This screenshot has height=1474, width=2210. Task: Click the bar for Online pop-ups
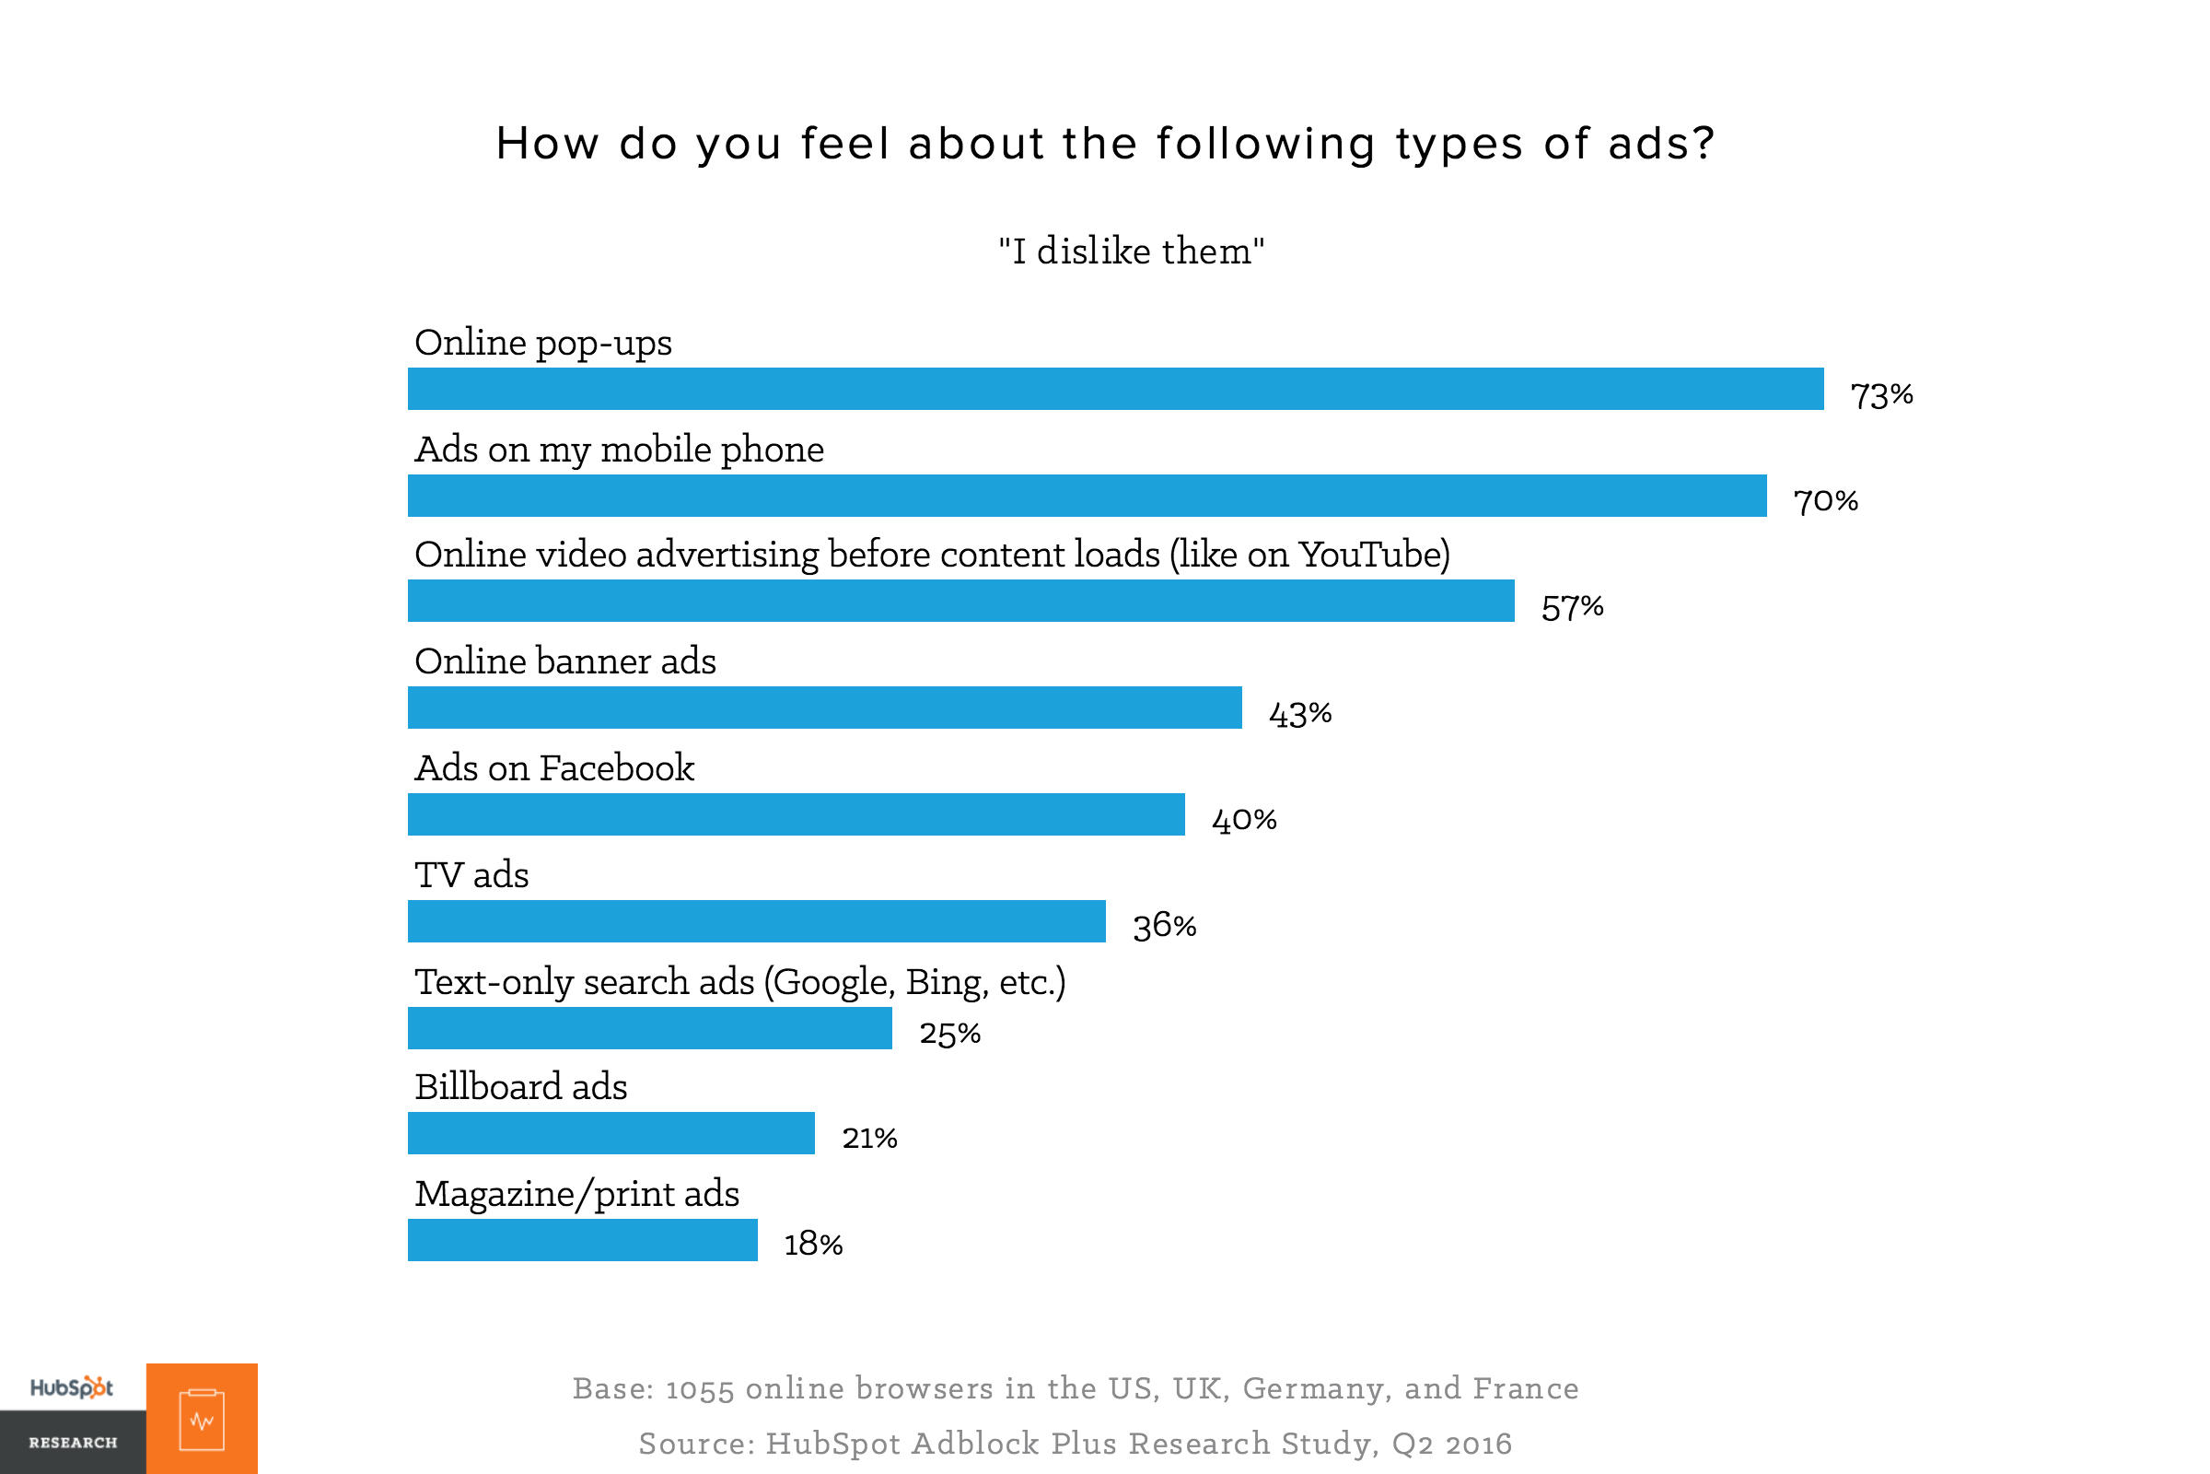tap(1115, 389)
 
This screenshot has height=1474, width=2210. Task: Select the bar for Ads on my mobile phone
tap(1088, 496)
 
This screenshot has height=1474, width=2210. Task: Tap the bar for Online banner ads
tap(824, 708)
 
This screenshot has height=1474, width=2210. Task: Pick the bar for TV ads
tap(756, 921)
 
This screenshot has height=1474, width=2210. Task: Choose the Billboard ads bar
tap(611, 1134)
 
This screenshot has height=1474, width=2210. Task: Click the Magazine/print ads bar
tap(583, 1241)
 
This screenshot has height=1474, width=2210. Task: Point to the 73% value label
tap(1881, 396)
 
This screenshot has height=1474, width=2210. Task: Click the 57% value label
tap(1572, 608)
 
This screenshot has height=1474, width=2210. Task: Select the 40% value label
tap(1244, 821)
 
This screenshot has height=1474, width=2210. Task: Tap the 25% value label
tap(950, 1034)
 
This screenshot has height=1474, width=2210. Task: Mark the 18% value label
tap(814, 1245)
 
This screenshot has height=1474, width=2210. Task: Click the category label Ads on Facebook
tap(554, 768)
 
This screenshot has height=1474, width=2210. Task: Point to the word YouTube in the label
tap(1371, 555)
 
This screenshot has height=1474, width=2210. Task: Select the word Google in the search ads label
tap(831, 982)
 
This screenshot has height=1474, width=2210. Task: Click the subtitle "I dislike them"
tap(1132, 251)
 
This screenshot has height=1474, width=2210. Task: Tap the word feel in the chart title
tap(844, 144)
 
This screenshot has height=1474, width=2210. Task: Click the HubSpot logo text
tap(72, 1387)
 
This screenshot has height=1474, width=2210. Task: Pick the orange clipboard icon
tap(202, 1420)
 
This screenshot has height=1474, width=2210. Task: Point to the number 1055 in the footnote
tap(699, 1389)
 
